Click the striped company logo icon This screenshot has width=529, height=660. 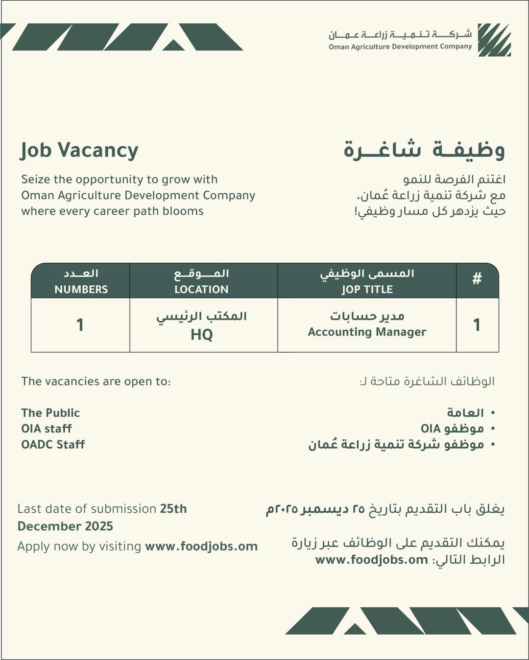[494, 40]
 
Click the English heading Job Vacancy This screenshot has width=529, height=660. [79, 150]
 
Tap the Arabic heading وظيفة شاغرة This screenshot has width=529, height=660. [424, 150]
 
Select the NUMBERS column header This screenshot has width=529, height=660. [81, 289]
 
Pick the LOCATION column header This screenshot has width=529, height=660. [201, 289]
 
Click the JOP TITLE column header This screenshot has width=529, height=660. [367, 289]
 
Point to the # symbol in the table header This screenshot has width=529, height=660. [477, 279]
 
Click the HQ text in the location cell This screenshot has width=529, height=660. [201, 335]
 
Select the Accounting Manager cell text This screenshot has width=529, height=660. [367, 332]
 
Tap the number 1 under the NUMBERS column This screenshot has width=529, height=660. [80, 325]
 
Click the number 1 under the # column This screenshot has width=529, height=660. [477, 325]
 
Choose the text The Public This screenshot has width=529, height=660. [50, 412]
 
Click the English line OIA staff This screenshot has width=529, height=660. [47, 429]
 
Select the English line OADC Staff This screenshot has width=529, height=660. [53, 444]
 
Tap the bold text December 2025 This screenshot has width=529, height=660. [65, 526]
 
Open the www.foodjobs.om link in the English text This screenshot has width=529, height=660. [201, 546]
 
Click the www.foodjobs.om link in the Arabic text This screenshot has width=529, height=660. [372, 559]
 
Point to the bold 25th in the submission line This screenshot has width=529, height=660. [173, 509]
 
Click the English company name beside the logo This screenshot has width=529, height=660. [400, 47]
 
